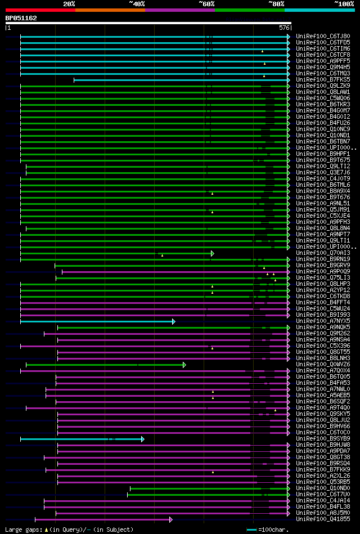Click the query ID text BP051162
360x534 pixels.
pyautogui.click(x=21, y=18)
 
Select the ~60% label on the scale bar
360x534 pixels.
pyautogui.click(x=206, y=3)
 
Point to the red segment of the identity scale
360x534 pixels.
pyautogui.click(x=40, y=10)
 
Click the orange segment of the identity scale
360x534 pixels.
pyautogui.click(x=110, y=10)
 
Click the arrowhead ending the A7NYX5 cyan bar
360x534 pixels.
pyautogui.click(x=173, y=321)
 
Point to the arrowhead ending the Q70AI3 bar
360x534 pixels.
pyautogui.click(x=213, y=253)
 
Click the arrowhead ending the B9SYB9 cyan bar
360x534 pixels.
pyautogui.click(x=143, y=439)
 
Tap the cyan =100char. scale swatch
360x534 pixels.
pyautogui.click(x=251, y=529)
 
